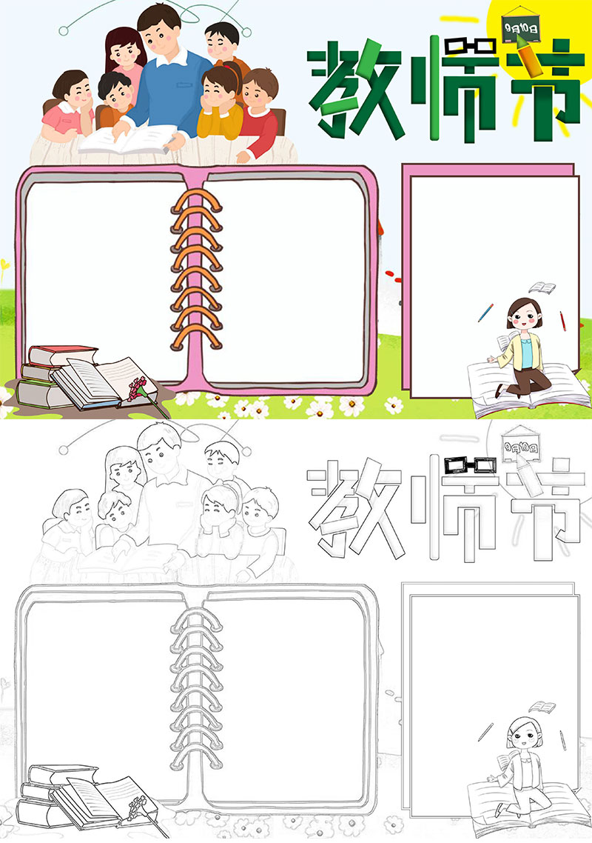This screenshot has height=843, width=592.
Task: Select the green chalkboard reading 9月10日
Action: pyautogui.click(x=520, y=27)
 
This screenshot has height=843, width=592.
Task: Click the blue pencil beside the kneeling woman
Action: pyautogui.click(x=485, y=313)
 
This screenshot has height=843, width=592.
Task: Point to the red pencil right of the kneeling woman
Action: pyautogui.click(x=562, y=321)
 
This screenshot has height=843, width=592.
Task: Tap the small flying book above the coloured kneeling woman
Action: pyautogui.click(x=542, y=287)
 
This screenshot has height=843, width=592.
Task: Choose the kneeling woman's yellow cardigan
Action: pyautogui.click(x=520, y=352)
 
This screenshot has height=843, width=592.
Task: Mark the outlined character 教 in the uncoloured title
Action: pyautogui.click(x=355, y=508)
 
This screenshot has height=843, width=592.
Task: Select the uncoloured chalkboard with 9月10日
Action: pyautogui.click(x=520, y=446)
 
